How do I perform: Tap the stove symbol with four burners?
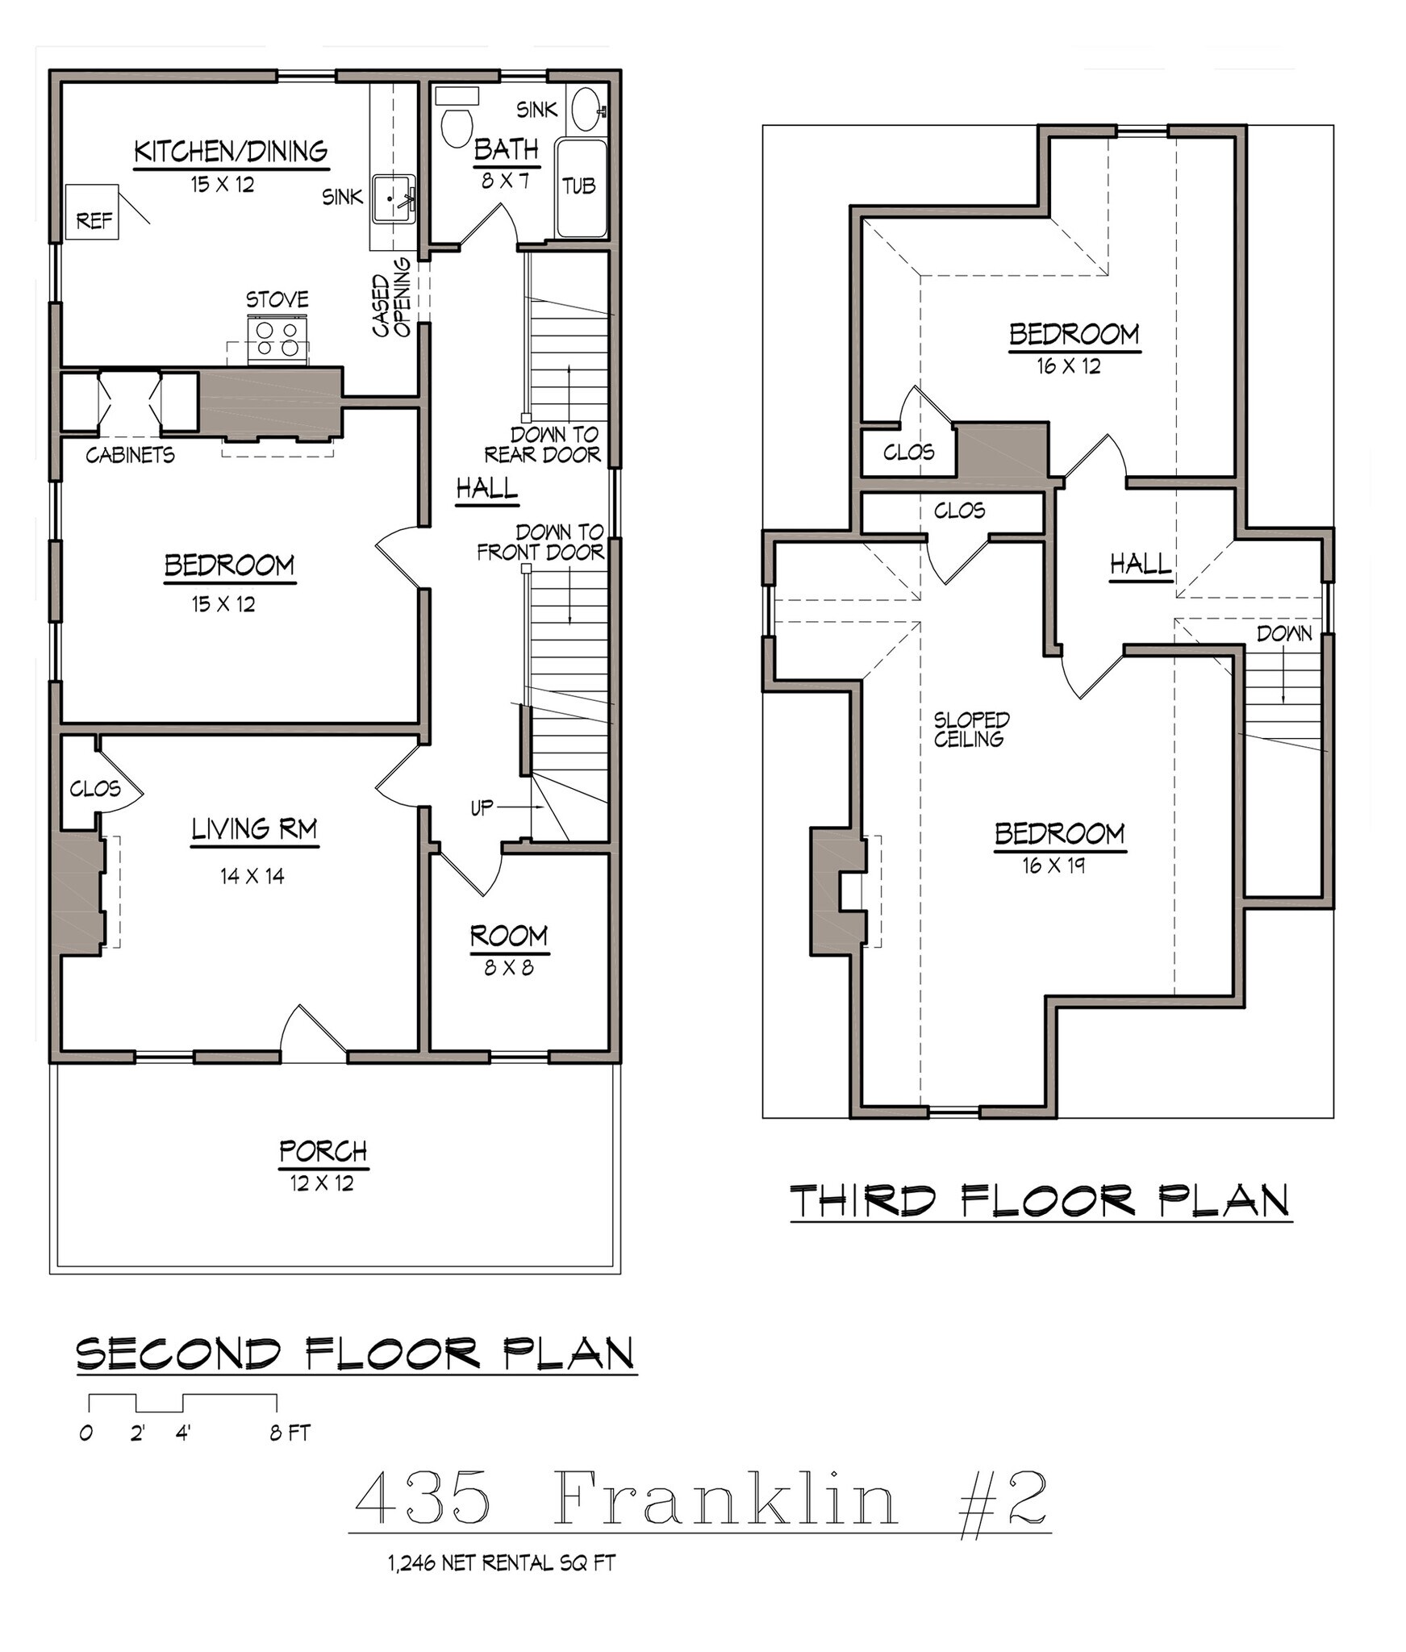point(276,340)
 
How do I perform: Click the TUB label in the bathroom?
point(578,187)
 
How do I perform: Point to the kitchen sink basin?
point(394,198)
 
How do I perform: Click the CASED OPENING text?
point(391,296)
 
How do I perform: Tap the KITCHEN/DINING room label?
point(230,151)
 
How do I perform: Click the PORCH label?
point(323,1151)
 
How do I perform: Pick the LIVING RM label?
point(254,829)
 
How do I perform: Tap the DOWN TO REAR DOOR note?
point(543,444)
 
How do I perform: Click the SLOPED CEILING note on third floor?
point(970,729)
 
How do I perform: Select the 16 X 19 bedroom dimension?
point(1053,866)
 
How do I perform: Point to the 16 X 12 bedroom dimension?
point(1068,366)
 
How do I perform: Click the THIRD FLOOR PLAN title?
point(1040,1201)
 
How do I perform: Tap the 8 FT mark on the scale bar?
point(289,1433)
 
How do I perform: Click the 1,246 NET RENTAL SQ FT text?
point(501,1563)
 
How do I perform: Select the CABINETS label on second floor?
point(130,456)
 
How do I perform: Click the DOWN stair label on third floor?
point(1284,633)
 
